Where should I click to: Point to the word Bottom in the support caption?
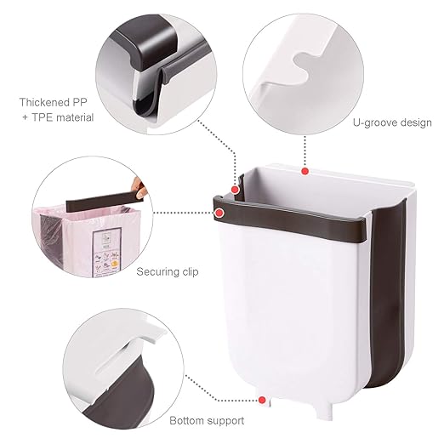point(186,420)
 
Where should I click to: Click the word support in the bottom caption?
point(225,421)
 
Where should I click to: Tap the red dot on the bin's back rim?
point(305,171)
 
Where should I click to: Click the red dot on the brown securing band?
point(219,213)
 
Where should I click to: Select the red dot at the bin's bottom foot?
point(262,400)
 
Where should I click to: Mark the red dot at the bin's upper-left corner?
point(235,190)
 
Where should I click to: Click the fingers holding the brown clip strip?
point(139,188)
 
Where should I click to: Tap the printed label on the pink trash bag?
point(107,252)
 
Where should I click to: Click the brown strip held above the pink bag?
point(104,201)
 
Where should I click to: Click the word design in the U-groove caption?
point(416,123)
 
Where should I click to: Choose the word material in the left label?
point(75,117)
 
